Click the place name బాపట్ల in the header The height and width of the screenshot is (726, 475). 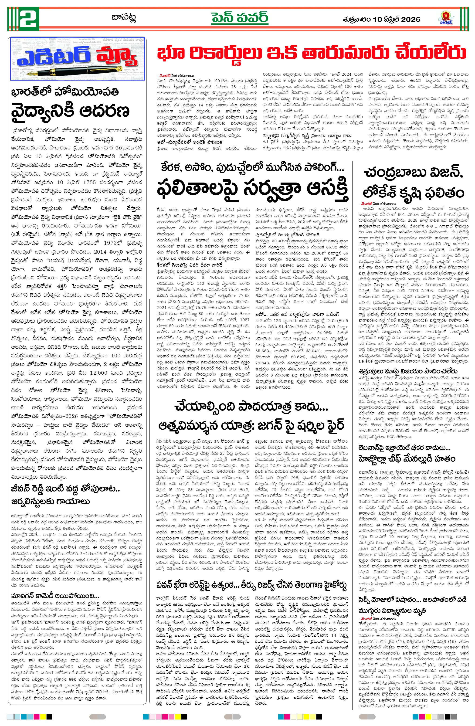click(x=124, y=17)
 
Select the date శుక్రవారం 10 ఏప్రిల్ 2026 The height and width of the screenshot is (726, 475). click(x=381, y=20)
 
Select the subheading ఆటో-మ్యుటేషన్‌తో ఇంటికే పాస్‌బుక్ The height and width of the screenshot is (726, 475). click(x=190, y=142)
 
